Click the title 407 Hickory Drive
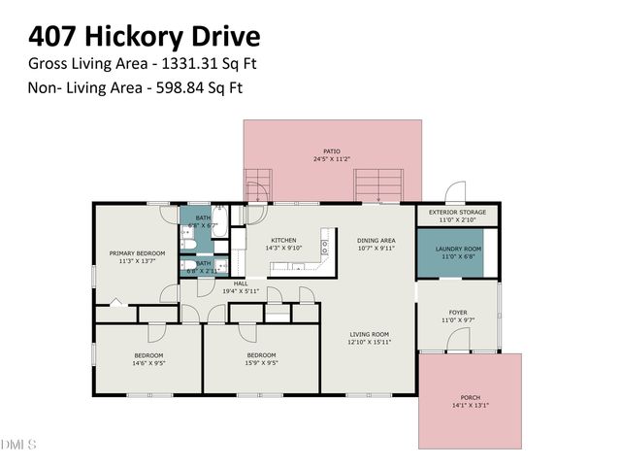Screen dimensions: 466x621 click(144, 37)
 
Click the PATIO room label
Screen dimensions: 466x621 click(332, 151)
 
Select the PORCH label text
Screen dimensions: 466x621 click(470, 398)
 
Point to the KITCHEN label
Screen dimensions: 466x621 click(283, 240)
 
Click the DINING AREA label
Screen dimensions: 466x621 click(376, 240)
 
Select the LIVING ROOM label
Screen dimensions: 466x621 click(369, 335)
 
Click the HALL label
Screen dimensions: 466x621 click(241, 283)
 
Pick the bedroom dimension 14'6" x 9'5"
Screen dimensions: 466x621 click(148, 363)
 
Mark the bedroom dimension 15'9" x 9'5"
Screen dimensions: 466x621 click(261, 363)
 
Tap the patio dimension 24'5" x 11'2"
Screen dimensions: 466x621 click(332, 159)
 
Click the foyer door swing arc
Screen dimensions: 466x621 click(459, 340)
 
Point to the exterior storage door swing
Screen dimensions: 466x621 click(454, 192)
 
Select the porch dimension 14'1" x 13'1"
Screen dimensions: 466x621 click(470, 406)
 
